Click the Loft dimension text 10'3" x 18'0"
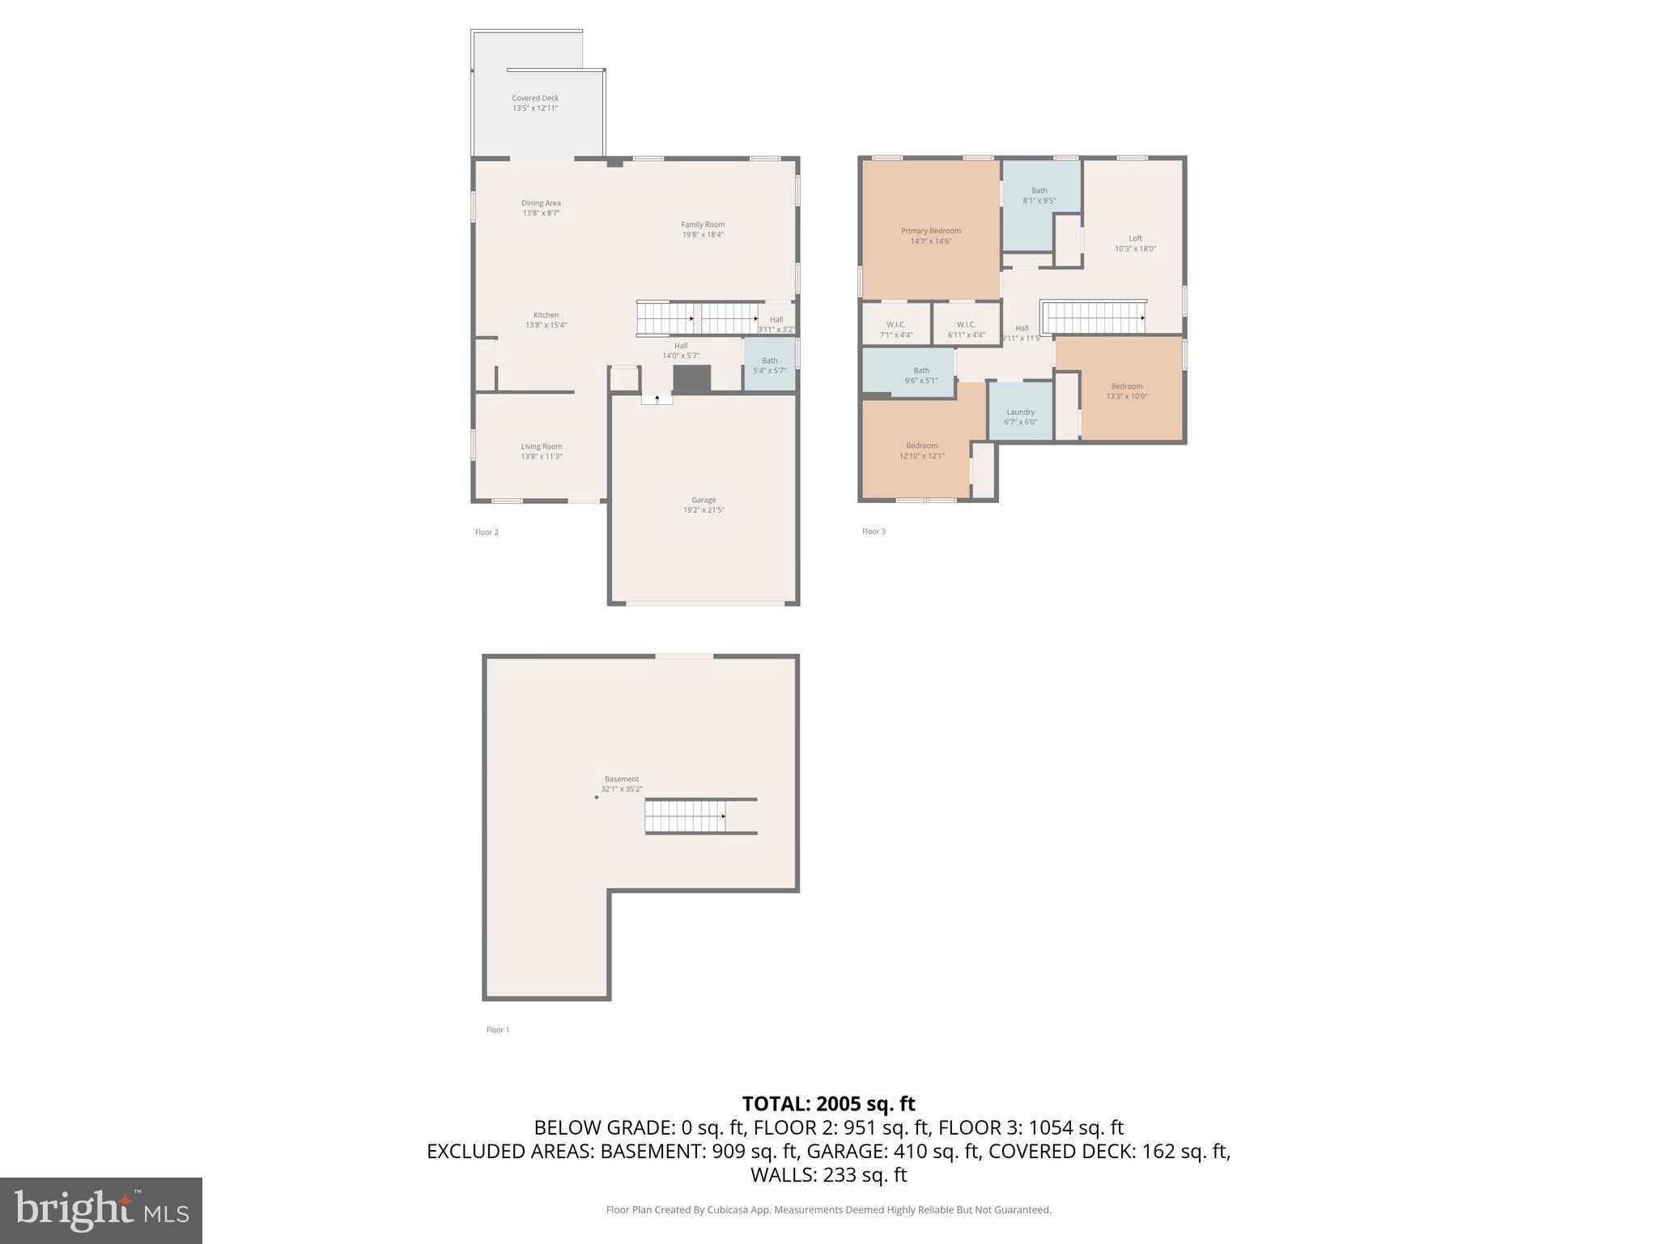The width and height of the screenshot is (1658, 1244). pyautogui.click(x=1135, y=249)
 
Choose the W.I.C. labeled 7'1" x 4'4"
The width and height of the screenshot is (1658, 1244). pyautogui.click(x=895, y=329)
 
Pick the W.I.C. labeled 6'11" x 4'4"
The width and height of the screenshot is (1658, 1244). pyautogui.click(x=966, y=329)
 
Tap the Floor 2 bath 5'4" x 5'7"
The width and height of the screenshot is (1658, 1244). pyautogui.click(x=769, y=365)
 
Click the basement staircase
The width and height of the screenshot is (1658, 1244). pyautogui.click(x=685, y=816)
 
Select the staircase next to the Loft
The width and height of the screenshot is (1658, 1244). pyautogui.click(x=1093, y=317)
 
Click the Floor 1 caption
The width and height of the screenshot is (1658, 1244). pyautogui.click(x=498, y=1030)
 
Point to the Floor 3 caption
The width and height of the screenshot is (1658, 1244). pyautogui.click(x=874, y=531)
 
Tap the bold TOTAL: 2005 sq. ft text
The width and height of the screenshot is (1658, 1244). pyautogui.click(x=828, y=1104)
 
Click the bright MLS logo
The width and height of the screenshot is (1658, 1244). pyautogui.click(x=101, y=1210)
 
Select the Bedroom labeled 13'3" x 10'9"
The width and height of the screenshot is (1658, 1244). pyautogui.click(x=1127, y=391)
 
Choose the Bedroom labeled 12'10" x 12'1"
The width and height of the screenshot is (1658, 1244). pyautogui.click(x=921, y=450)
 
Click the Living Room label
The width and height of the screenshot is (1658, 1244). pyautogui.click(x=542, y=451)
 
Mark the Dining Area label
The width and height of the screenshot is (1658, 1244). pyautogui.click(x=541, y=208)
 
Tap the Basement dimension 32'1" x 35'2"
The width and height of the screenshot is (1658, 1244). pyautogui.click(x=622, y=789)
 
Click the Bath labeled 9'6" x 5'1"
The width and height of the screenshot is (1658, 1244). pyautogui.click(x=921, y=375)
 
